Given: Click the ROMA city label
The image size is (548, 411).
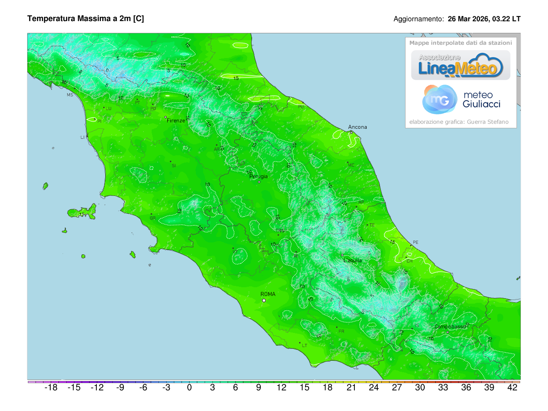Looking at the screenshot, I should (x=268, y=294).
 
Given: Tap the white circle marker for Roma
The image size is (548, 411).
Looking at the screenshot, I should (x=263, y=300).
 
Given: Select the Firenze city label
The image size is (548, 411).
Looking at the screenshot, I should (x=176, y=121).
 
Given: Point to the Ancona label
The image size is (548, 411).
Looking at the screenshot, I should (x=357, y=127).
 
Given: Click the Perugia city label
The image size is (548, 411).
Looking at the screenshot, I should (x=258, y=176).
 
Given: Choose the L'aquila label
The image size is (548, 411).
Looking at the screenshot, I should (x=353, y=260).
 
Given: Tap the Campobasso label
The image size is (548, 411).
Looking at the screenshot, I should (x=450, y=327).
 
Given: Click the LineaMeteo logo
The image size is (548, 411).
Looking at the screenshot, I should (x=460, y=65).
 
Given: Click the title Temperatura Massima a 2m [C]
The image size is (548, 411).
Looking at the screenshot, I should (x=86, y=19).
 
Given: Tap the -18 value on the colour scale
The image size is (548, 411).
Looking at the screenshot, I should (x=51, y=388).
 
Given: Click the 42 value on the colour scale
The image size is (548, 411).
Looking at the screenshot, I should (x=512, y=388).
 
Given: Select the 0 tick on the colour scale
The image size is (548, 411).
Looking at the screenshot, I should (x=189, y=388).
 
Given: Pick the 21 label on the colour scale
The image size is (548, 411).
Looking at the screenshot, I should (x=351, y=388).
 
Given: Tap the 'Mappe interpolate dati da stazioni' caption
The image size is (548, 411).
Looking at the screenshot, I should (x=460, y=42).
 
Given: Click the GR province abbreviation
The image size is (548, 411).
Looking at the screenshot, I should (x=153, y=218).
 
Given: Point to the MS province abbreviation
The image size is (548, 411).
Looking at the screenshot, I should (x=70, y=95).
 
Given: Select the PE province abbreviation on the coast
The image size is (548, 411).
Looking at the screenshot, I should (x=415, y=242).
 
